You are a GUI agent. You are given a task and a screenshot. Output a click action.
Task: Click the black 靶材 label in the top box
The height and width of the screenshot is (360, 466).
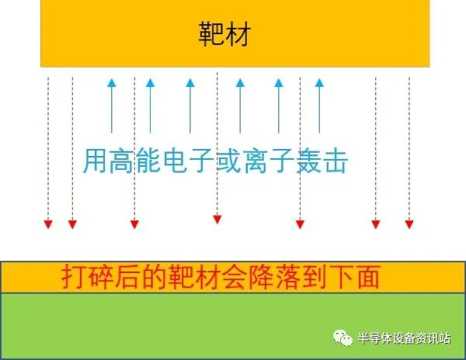(x=224, y=33)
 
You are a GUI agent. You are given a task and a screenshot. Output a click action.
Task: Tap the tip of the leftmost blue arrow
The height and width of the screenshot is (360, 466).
(x=112, y=78)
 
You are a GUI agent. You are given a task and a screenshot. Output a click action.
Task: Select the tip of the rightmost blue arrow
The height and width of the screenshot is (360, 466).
(x=319, y=78)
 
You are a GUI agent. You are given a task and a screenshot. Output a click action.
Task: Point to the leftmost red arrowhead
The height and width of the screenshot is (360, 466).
(x=48, y=224)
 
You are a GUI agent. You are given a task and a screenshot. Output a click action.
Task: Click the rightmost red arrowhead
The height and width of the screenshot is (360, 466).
(x=409, y=224)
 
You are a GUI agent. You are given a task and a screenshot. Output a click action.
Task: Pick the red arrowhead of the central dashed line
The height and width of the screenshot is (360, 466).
(x=217, y=220)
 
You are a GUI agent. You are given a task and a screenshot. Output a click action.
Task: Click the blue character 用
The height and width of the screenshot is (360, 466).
(x=94, y=161)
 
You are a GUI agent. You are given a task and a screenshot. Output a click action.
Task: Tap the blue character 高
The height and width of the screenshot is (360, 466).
(x=120, y=161)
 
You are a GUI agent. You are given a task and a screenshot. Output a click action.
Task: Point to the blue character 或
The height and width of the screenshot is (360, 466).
(x=228, y=161)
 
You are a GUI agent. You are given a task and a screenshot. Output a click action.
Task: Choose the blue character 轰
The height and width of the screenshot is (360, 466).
(x=309, y=161)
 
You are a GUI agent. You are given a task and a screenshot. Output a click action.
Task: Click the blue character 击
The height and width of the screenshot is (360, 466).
(x=336, y=161)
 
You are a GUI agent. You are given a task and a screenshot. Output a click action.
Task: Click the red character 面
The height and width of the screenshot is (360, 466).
(x=368, y=277)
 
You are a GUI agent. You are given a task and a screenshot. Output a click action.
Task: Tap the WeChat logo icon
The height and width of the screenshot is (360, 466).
(x=343, y=337)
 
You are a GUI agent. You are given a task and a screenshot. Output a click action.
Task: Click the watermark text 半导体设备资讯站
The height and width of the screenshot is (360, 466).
(x=404, y=338)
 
